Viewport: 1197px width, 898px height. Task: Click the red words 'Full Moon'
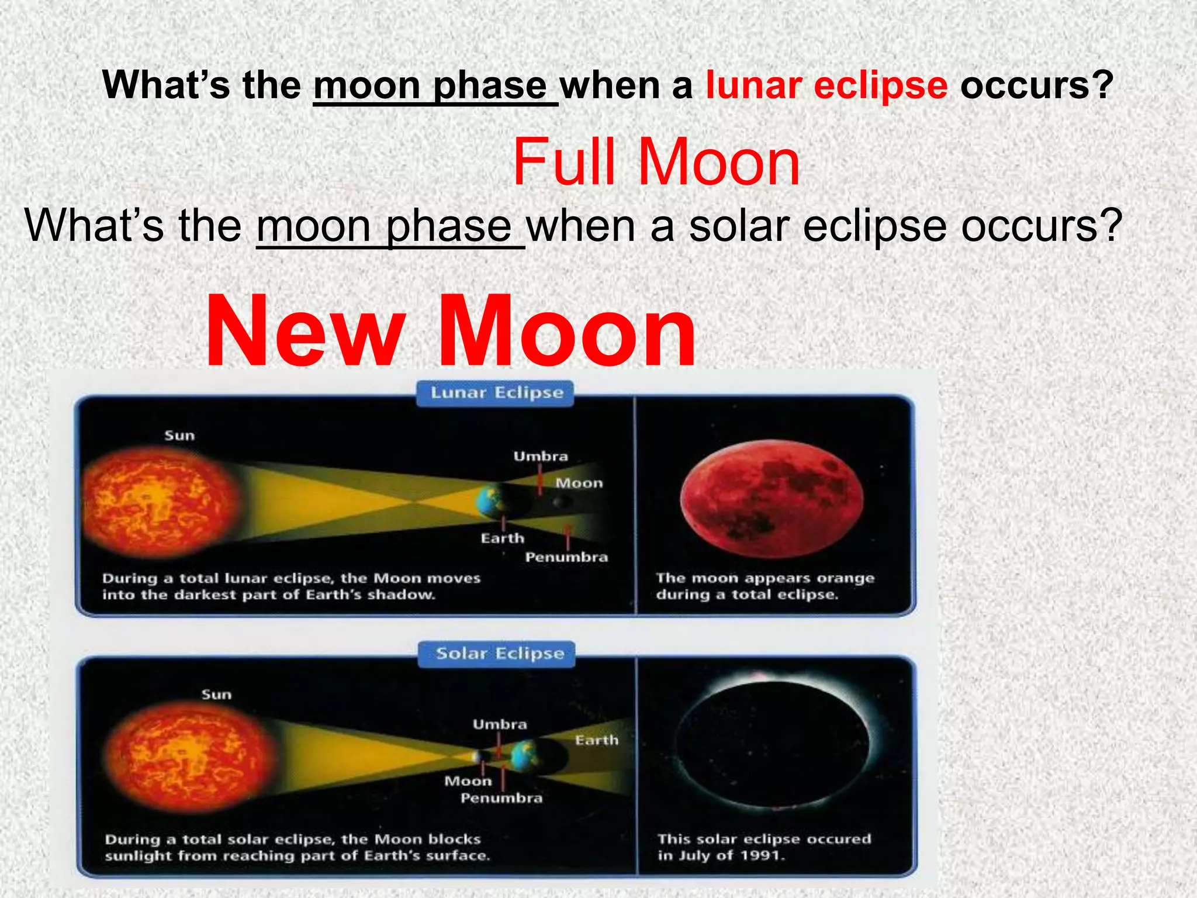pyautogui.click(x=656, y=163)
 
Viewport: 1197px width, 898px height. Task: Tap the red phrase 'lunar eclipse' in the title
pyautogui.click(x=826, y=85)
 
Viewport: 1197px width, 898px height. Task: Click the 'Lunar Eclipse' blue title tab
pyautogui.click(x=496, y=393)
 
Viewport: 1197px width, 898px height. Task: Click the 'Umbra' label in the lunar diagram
pyautogui.click(x=541, y=456)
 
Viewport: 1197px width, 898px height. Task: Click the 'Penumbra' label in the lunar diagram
pyautogui.click(x=566, y=557)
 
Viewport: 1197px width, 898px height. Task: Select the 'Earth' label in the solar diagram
pyautogui.click(x=596, y=740)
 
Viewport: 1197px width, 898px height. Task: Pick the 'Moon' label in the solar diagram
pyautogui.click(x=468, y=781)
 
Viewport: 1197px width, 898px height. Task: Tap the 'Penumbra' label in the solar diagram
pyautogui.click(x=501, y=798)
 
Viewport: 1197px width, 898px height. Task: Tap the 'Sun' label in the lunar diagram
pyautogui.click(x=179, y=436)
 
